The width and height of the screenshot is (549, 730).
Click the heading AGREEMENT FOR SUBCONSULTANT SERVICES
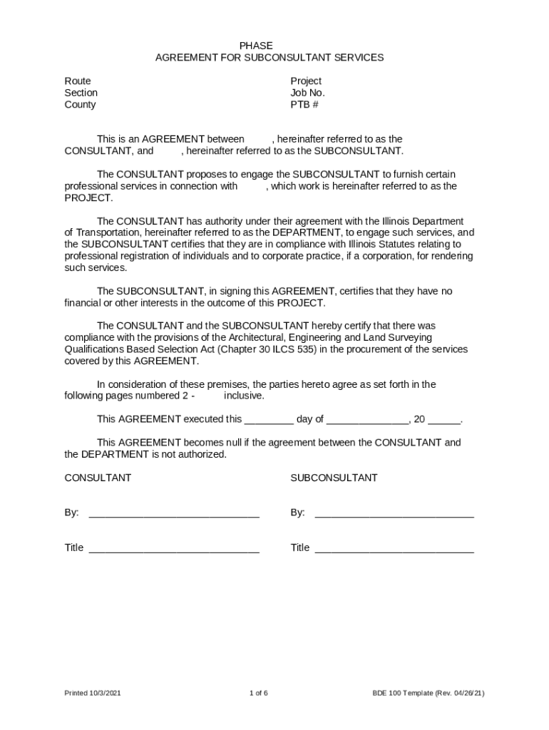click(270, 58)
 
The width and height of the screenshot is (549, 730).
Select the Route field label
click(78, 81)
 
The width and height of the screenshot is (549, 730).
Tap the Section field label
click(81, 93)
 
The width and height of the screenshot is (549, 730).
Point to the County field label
click(80, 105)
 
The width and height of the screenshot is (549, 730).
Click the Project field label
click(306, 81)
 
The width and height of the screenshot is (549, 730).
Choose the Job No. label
click(307, 93)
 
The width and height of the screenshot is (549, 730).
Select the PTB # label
click(304, 105)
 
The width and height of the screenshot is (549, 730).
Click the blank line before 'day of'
click(269, 420)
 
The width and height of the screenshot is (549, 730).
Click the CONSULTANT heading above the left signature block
click(98, 478)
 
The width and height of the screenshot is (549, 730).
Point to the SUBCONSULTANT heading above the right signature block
click(334, 478)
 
